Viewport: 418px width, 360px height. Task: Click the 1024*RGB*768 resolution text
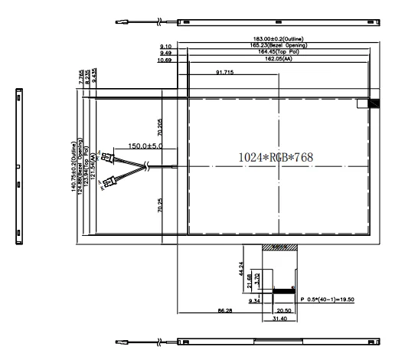(276, 157)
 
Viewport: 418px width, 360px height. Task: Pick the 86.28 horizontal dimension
(224, 311)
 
